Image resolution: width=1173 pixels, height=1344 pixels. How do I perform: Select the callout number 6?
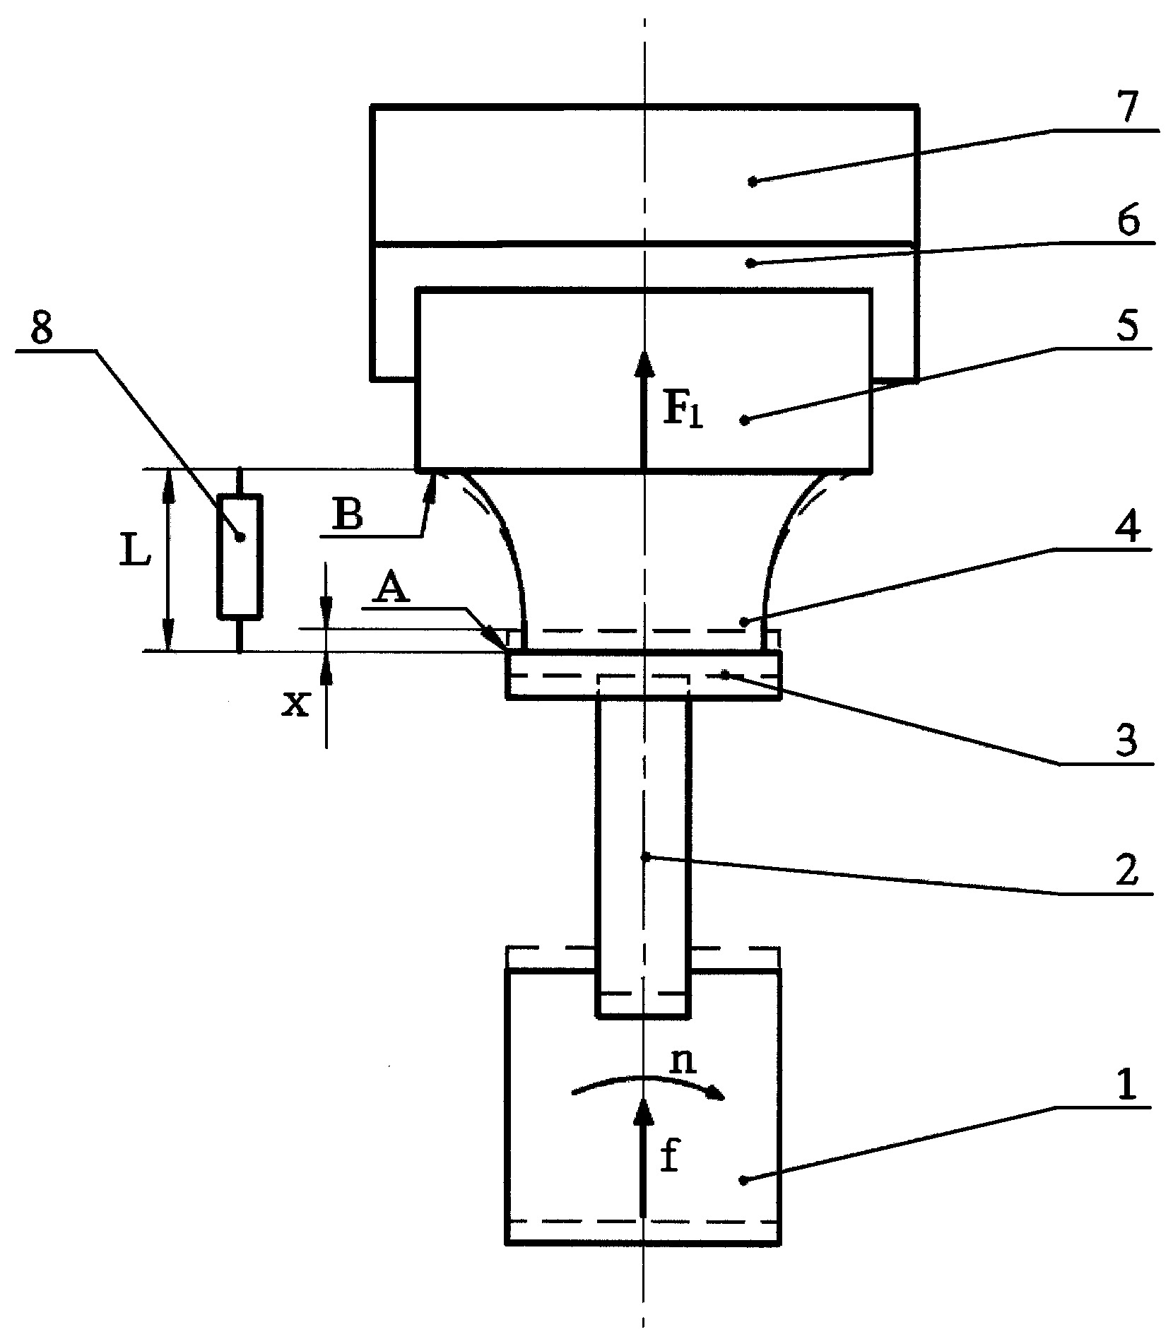tap(1128, 223)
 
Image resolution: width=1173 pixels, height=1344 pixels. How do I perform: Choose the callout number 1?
tap(1128, 1083)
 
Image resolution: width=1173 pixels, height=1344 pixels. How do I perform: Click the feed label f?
tap(668, 1157)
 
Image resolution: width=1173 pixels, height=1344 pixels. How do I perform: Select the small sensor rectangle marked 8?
tap(240, 555)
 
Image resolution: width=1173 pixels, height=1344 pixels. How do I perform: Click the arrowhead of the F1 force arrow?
tap(643, 365)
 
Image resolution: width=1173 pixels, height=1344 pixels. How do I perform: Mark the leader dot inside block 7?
tap(753, 182)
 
